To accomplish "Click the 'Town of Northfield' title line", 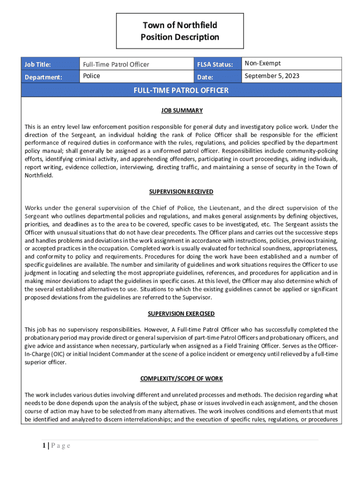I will tap(180, 25).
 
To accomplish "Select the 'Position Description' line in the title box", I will tap(180, 37).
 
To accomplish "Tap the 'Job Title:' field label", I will tap(37, 65).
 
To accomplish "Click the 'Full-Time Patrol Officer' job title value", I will tap(116, 65).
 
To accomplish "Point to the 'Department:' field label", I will tap(43, 77).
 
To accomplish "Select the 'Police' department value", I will tap(92, 76).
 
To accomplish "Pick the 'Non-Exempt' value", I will tap(263, 64).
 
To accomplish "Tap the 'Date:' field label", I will tap(205, 77).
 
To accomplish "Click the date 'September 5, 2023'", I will tap(272, 76).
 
